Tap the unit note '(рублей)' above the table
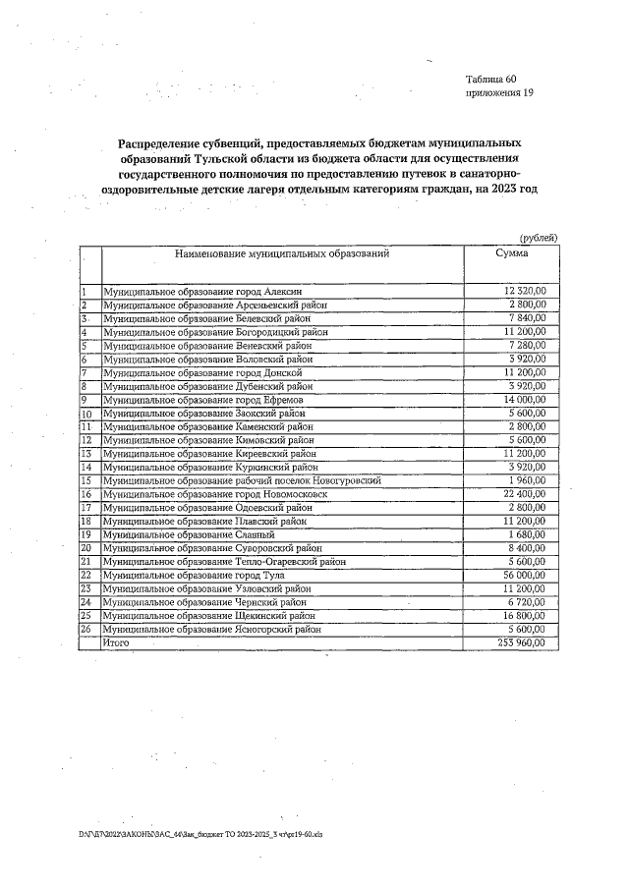click(x=539, y=237)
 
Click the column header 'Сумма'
click(x=511, y=253)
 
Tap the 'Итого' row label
click(x=117, y=641)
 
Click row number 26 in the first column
click(x=86, y=628)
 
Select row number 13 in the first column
click(x=86, y=454)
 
